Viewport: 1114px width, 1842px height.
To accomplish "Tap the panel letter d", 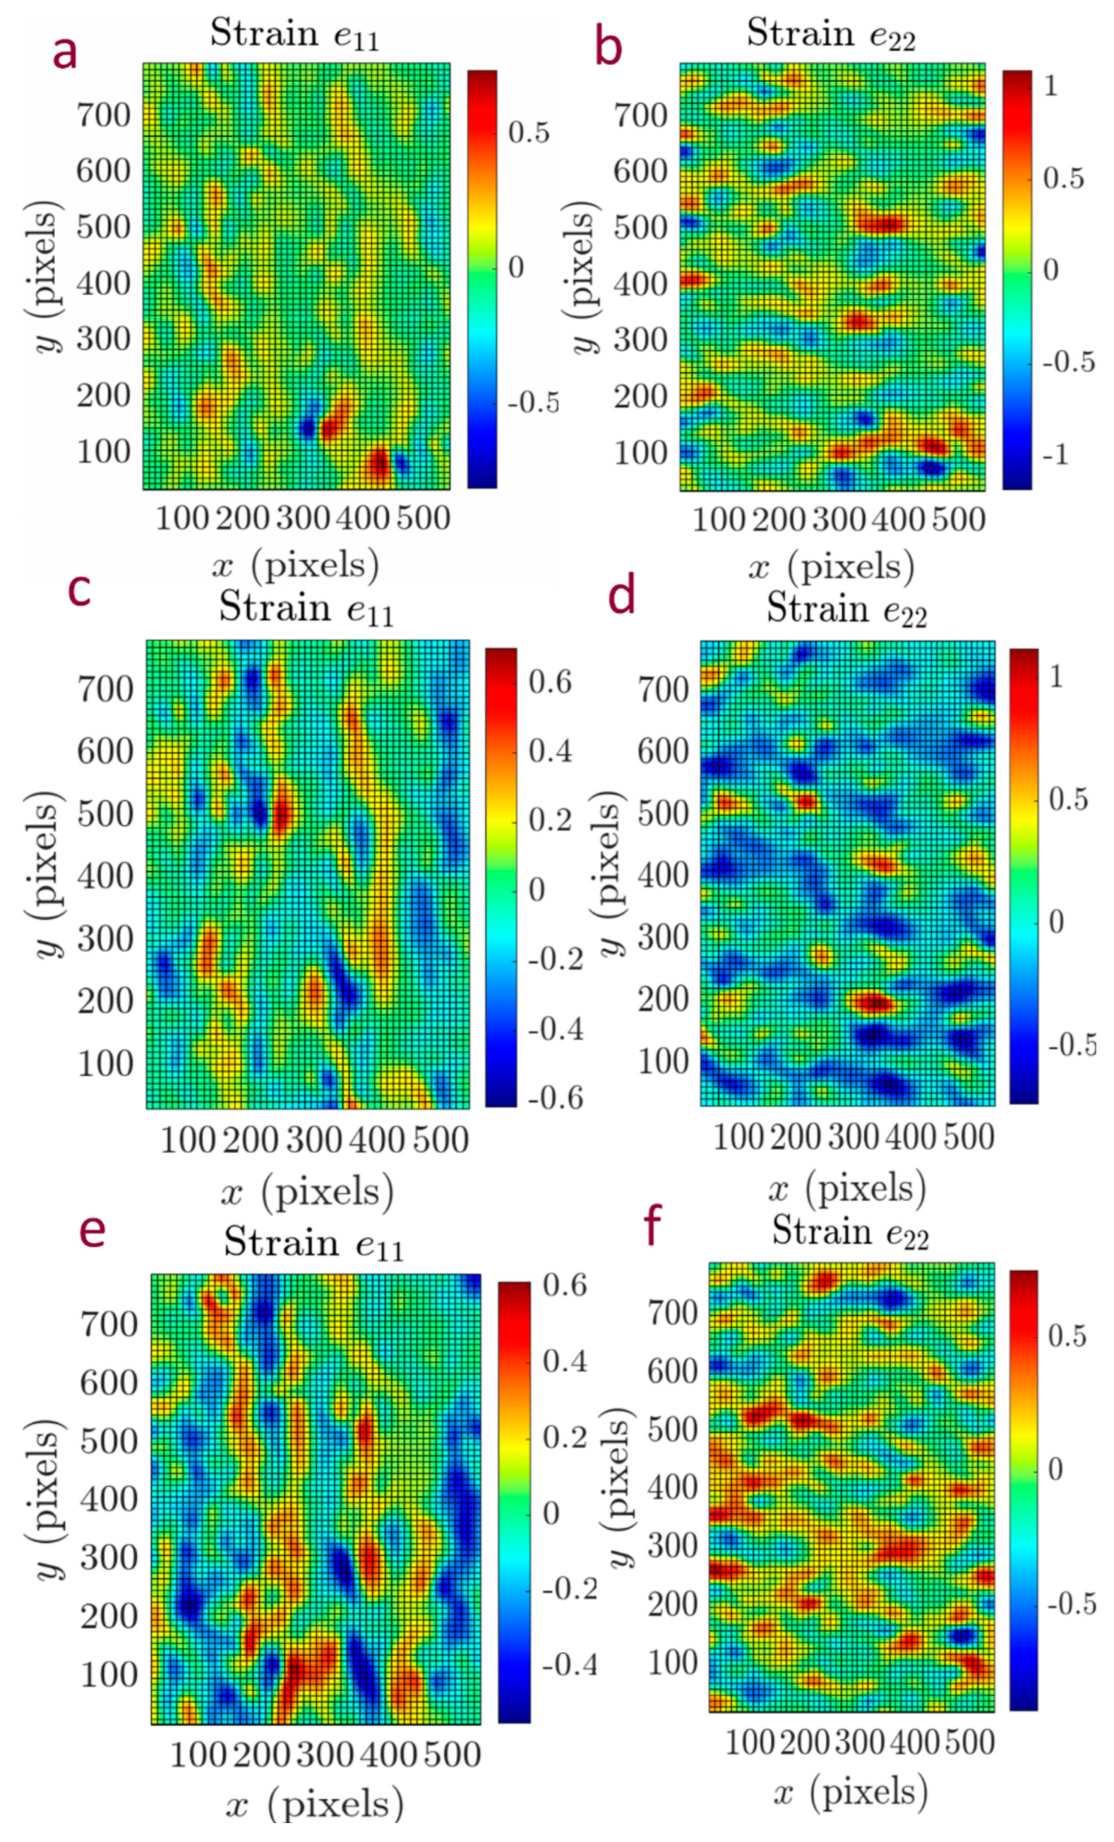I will click(622, 596).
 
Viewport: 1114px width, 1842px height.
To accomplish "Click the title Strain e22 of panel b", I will click(830, 34).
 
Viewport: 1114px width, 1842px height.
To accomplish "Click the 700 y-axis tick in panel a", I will click(103, 115).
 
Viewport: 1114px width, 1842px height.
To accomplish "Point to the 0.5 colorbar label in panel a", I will click(529, 133).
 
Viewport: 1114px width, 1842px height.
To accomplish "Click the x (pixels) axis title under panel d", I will click(846, 1189).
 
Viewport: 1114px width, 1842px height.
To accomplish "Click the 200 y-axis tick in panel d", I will click(662, 1000).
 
